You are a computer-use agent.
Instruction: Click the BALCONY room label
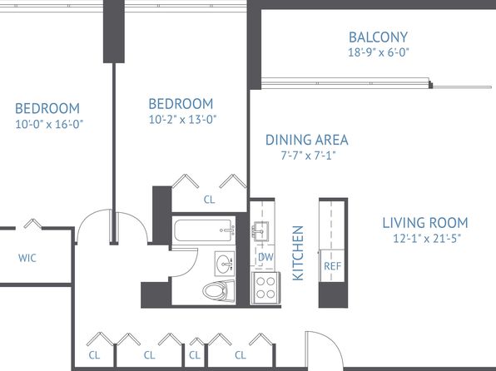pyautogui.click(x=379, y=37)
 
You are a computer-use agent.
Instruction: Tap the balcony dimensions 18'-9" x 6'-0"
pyautogui.click(x=379, y=52)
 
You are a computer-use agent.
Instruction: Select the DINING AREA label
pyautogui.click(x=307, y=140)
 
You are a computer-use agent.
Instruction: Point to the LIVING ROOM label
pyautogui.click(x=425, y=223)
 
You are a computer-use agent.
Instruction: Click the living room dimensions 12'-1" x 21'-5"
pyautogui.click(x=427, y=238)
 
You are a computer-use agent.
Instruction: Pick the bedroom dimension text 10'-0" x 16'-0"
pyautogui.click(x=49, y=124)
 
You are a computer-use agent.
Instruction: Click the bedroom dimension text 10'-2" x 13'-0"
pyautogui.click(x=182, y=120)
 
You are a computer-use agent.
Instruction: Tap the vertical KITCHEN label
pyautogui.click(x=298, y=253)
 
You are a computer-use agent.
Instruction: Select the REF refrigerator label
pyautogui.click(x=332, y=266)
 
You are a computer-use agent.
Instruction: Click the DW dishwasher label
pyautogui.click(x=265, y=257)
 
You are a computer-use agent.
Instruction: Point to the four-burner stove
pyautogui.click(x=265, y=288)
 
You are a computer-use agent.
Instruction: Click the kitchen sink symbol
pyautogui.click(x=260, y=231)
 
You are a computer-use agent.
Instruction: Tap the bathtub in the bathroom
pyautogui.click(x=205, y=231)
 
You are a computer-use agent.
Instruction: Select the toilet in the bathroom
pyautogui.click(x=219, y=291)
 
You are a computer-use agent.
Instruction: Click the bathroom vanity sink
pyautogui.click(x=225, y=264)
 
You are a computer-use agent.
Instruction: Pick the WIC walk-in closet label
pyautogui.click(x=27, y=258)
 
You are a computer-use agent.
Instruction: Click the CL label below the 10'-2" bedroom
pyautogui.click(x=209, y=200)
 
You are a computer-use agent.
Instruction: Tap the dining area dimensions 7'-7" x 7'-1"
pyautogui.click(x=308, y=156)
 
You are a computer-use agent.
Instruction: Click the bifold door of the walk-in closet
pyautogui.click(x=33, y=223)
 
